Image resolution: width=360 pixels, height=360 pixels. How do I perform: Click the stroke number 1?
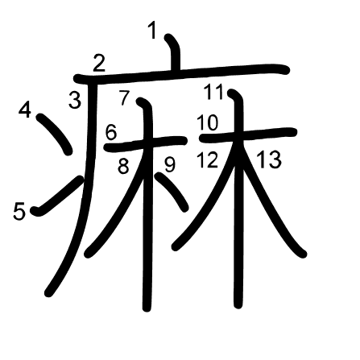(x=152, y=31)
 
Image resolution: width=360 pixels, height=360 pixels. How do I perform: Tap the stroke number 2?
(x=99, y=63)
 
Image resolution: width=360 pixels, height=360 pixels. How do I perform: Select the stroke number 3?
(x=75, y=100)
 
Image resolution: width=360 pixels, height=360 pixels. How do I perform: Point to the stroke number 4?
(x=25, y=110)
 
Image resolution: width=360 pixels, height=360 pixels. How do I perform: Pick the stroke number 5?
(x=19, y=212)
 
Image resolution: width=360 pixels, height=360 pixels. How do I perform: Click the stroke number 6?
(x=111, y=133)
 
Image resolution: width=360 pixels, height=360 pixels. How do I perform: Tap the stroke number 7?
(x=125, y=97)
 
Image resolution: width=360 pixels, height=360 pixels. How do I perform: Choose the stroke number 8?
(x=123, y=167)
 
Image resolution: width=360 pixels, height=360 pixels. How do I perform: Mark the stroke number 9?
(x=170, y=164)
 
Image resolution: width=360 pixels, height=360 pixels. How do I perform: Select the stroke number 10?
(x=208, y=122)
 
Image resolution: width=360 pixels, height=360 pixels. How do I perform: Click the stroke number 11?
(x=213, y=92)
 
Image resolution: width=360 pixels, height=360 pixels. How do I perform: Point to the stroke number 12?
(x=207, y=159)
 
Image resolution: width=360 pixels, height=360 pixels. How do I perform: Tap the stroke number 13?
(x=269, y=159)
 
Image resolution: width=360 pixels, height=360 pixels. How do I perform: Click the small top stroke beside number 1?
(x=174, y=52)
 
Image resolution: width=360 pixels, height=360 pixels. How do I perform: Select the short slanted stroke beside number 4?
(x=55, y=134)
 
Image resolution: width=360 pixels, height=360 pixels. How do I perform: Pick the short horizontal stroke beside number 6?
(x=146, y=143)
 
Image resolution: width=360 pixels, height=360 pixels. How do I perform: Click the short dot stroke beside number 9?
(x=172, y=192)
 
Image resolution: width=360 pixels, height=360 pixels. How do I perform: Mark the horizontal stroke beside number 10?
(x=248, y=135)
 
